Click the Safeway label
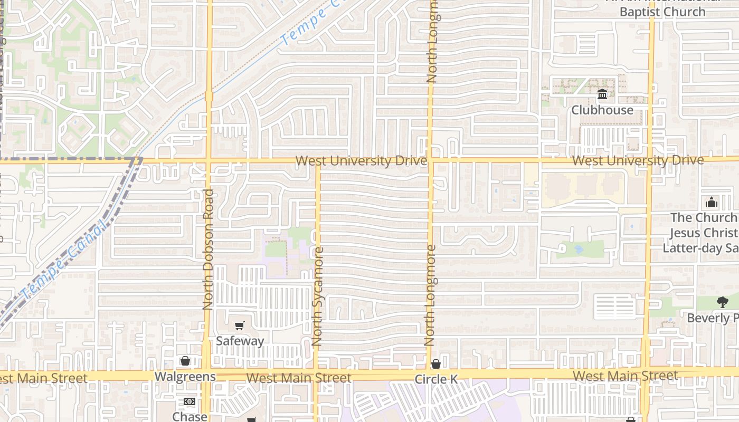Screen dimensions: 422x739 tap(240, 341)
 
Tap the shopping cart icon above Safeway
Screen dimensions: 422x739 tap(240, 326)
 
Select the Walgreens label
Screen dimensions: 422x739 tap(185, 377)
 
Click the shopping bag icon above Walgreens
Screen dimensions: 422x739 tap(185, 361)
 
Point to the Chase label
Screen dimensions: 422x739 tap(190, 416)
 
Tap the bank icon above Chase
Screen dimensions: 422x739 tap(190, 401)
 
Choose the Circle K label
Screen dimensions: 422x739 tap(436, 379)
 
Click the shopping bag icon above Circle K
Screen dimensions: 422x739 tap(436, 364)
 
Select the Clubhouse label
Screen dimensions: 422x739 tap(602, 110)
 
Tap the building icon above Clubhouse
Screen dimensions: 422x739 tap(602, 95)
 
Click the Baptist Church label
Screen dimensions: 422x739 tap(662, 12)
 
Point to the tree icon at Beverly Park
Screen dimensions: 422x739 tap(723, 302)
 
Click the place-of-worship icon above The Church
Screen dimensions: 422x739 tap(712, 202)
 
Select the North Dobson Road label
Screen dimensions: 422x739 tap(208, 249)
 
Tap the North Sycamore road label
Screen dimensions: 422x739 tap(317, 296)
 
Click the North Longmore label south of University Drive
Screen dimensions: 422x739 tap(431, 295)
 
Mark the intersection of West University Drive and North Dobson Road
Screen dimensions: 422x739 tap(209, 160)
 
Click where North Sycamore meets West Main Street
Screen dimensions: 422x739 tap(316, 376)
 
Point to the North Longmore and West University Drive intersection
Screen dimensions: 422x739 tap(430, 160)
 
